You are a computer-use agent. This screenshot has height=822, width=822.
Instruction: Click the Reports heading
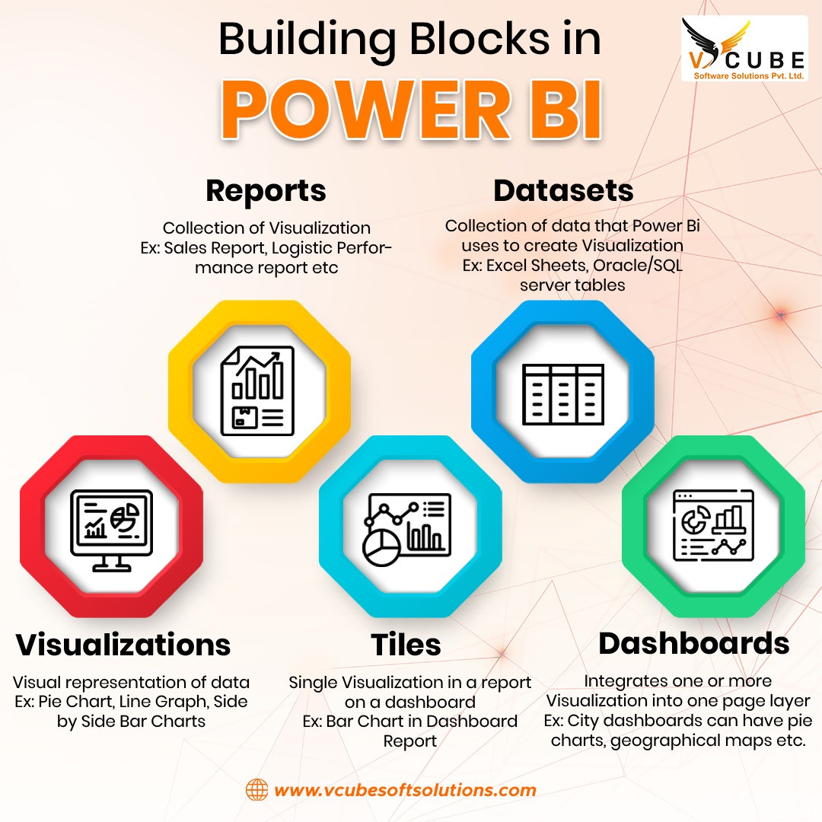[x=266, y=190]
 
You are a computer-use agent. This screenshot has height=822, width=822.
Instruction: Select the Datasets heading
[x=563, y=190]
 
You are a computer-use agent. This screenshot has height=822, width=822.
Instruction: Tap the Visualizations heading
[x=123, y=645]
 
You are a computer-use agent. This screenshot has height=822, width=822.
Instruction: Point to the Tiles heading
[x=406, y=645]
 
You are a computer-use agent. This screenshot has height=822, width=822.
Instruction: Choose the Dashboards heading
[x=693, y=643]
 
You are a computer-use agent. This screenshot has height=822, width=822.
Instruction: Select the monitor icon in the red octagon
[x=111, y=527]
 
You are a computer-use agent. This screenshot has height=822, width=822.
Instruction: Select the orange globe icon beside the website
[x=256, y=790]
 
